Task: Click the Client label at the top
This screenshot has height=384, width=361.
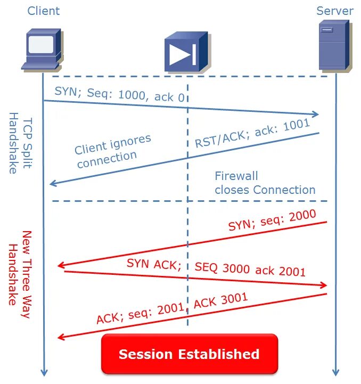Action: (44, 11)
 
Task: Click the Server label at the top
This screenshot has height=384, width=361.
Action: (335, 11)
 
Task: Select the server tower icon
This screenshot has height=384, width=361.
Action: (334, 45)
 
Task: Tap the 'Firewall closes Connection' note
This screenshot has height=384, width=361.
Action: (265, 183)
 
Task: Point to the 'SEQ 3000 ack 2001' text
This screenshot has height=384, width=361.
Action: (250, 268)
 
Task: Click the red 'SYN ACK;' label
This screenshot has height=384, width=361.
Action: (154, 264)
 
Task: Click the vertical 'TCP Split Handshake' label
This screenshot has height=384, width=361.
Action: (20, 143)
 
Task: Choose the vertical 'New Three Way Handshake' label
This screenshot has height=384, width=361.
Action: (20, 274)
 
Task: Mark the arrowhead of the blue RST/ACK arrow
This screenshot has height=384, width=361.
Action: (52, 184)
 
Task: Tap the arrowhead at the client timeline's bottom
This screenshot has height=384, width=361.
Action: (44, 372)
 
